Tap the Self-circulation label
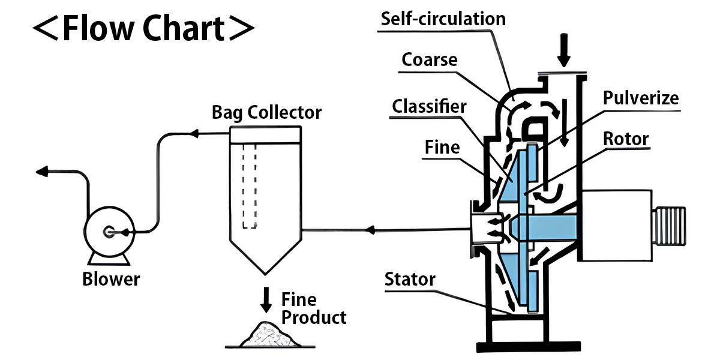click(443, 18)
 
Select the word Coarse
click(430, 59)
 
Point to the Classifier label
click(429, 107)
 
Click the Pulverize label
click(641, 98)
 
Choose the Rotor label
click(626, 139)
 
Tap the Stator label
click(410, 279)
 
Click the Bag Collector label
click(266, 112)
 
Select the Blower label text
click(111, 279)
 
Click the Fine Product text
click(314, 308)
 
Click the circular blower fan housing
click(108, 232)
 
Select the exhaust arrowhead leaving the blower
click(41, 172)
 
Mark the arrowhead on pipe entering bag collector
click(370, 229)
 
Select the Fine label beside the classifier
click(443, 146)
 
